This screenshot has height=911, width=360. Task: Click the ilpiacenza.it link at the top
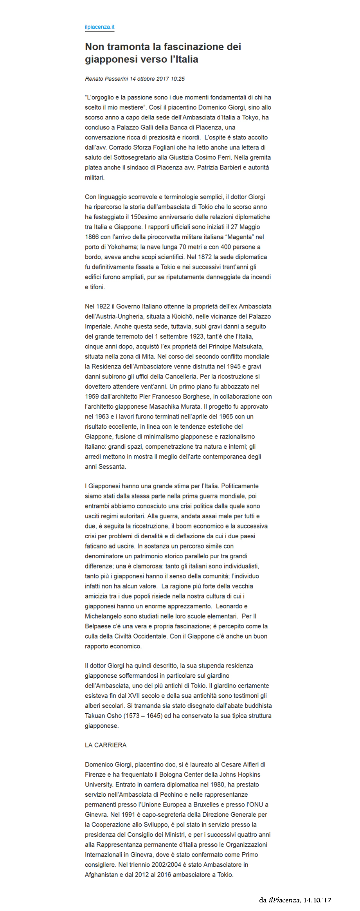(99, 27)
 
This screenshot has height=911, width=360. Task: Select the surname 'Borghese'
(194, 397)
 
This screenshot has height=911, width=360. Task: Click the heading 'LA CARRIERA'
(106, 745)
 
